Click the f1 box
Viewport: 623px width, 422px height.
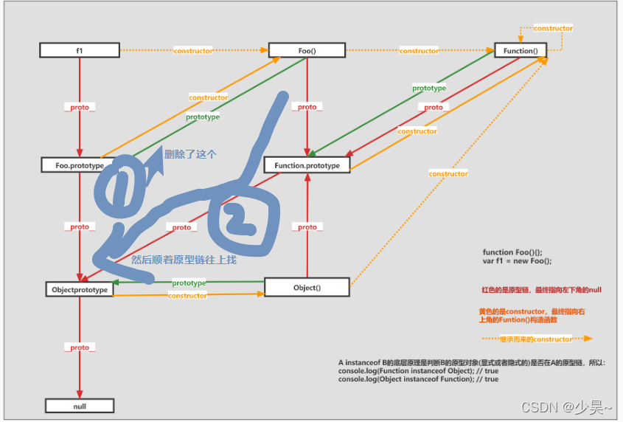coord(79,50)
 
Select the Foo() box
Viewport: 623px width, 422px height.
coord(307,50)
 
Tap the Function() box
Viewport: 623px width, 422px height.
coord(521,50)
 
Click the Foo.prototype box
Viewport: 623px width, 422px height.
coord(80,165)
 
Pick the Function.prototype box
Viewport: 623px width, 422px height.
coord(307,165)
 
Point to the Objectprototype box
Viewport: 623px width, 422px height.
coord(80,289)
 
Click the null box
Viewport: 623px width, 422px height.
coord(80,405)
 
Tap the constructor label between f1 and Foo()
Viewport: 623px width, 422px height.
coord(193,51)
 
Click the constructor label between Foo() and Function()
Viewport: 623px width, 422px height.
coord(419,51)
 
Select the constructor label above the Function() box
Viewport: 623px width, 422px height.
coord(553,28)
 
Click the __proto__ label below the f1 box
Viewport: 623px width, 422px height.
coord(80,108)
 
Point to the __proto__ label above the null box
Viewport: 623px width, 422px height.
coord(80,347)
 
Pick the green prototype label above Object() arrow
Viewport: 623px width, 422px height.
coord(189,283)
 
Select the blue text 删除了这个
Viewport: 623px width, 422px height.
coord(191,155)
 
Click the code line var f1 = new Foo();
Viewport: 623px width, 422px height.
coord(517,261)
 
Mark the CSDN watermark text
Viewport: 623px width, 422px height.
coord(566,407)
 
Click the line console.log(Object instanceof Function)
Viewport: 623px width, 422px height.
coord(418,379)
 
